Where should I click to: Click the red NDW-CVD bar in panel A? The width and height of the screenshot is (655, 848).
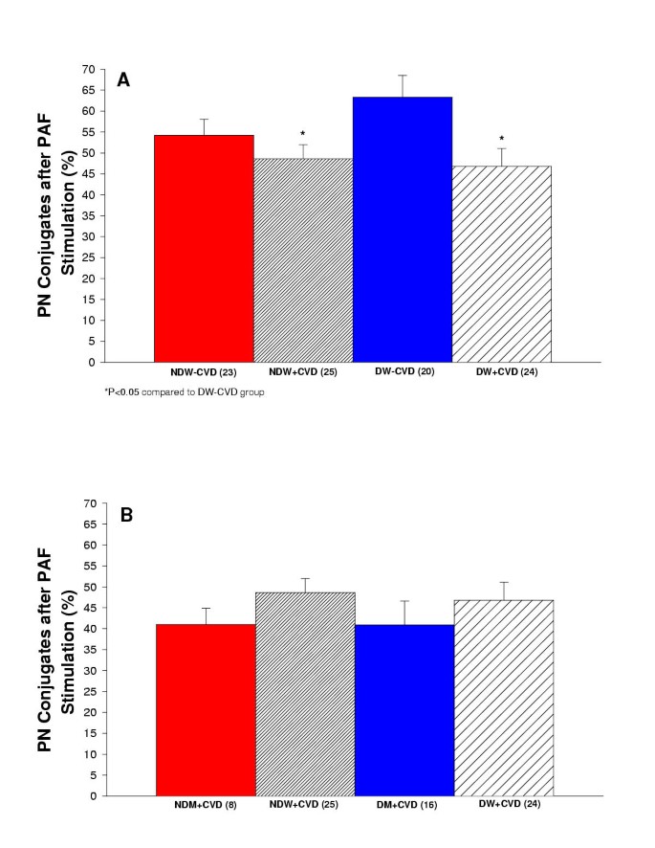click(204, 249)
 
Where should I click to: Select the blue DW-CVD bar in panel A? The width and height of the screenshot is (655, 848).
click(402, 230)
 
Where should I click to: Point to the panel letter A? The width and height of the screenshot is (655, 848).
click(123, 80)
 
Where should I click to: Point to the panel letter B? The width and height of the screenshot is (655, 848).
click(126, 516)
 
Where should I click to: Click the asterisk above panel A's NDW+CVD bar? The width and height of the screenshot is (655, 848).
click(302, 135)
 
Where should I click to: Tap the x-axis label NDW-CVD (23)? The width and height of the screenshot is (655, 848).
click(203, 370)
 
